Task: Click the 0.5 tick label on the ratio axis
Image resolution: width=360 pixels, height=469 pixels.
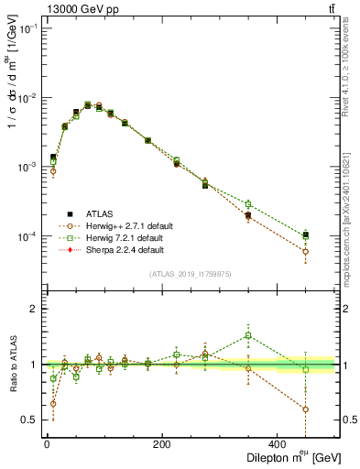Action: coord(29,420)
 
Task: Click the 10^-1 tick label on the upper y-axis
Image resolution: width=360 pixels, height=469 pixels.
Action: coord(26,28)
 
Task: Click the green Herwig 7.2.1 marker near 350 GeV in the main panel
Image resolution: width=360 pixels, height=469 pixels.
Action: coord(247,203)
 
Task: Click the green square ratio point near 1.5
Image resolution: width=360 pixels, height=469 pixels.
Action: coord(247,335)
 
